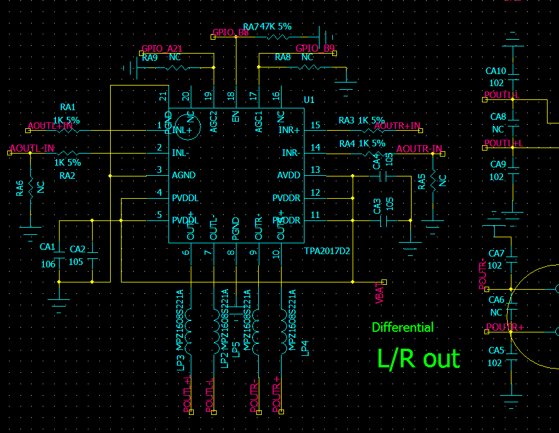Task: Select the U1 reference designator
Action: coord(309,100)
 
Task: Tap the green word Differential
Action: coord(403,328)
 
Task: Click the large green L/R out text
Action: coord(418,358)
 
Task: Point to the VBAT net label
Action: coord(380,293)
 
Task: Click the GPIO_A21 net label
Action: coord(161,49)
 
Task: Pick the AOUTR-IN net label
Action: coord(419,149)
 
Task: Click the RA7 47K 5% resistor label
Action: coord(267,27)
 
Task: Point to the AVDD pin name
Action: coord(289,175)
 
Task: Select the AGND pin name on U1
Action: coord(184,175)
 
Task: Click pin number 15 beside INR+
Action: coord(315,125)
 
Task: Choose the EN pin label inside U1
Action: coord(236,116)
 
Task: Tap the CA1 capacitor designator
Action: coord(48,247)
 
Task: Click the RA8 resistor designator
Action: coord(283,57)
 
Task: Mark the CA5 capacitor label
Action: coord(496,350)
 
